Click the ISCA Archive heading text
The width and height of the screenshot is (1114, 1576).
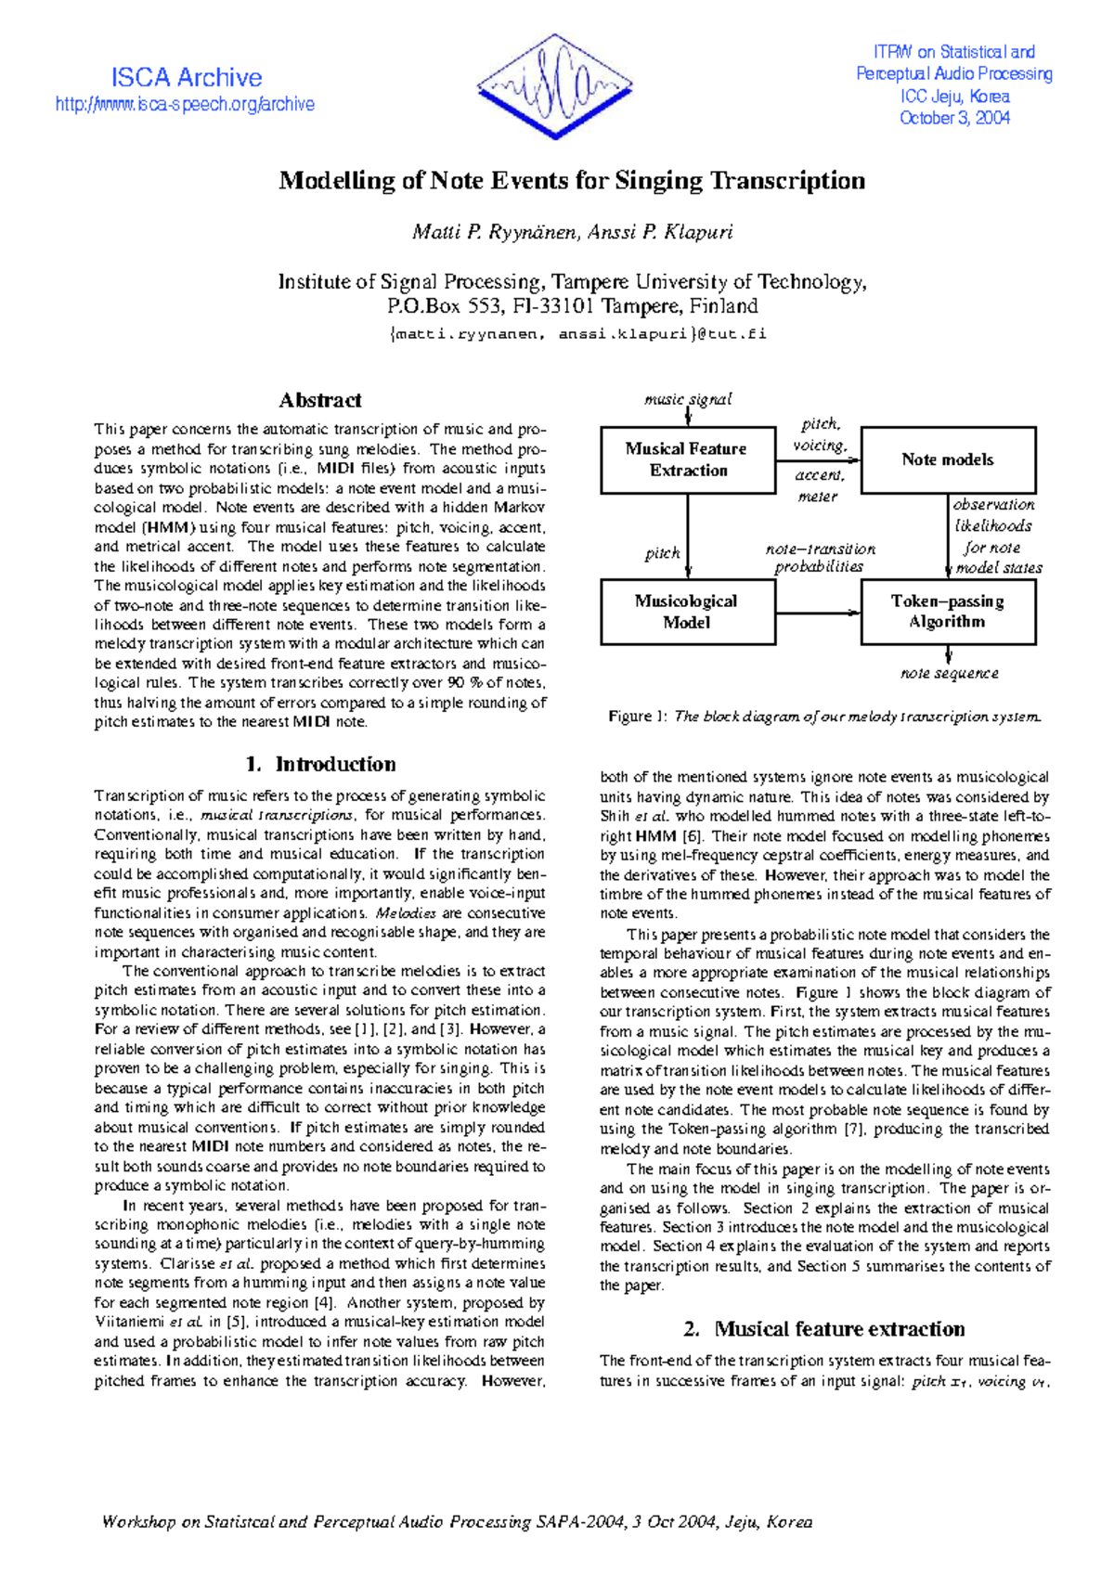point(187,78)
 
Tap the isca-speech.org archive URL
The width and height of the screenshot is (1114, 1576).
point(185,105)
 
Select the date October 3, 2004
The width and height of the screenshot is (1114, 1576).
point(954,118)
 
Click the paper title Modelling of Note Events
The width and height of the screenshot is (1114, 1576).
point(572,180)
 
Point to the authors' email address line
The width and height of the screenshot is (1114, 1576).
point(577,334)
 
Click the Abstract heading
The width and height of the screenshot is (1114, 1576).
point(320,400)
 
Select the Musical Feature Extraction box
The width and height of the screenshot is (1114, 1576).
point(687,459)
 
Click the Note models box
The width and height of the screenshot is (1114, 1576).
point(948,459)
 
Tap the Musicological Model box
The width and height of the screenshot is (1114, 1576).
point(687,612)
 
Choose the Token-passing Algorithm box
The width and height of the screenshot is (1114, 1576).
point(948,612)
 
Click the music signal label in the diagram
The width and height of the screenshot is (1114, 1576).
point(688,399)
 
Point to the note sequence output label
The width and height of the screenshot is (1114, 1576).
point(949,673)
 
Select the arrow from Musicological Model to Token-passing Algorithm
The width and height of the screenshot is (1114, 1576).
point(818,613)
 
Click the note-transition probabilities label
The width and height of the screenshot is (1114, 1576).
point(820,558)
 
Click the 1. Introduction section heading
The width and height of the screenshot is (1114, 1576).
point(320,764)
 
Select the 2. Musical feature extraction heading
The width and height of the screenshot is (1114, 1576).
point(824,1329)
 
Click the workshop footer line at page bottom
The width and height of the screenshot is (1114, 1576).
point(457,1522)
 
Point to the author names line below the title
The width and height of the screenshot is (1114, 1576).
point(572,232)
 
